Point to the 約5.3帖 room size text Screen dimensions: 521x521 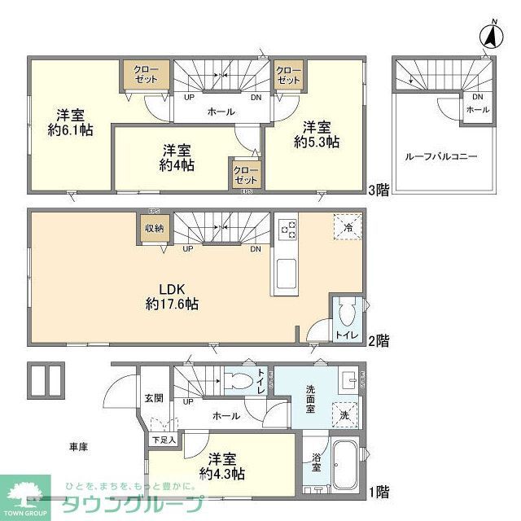(x=317, y=142)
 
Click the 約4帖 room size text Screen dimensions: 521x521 (x=177, y=165)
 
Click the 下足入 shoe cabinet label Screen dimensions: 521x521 (x=163, y=440)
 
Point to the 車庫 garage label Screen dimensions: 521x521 (x=78, y=447)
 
